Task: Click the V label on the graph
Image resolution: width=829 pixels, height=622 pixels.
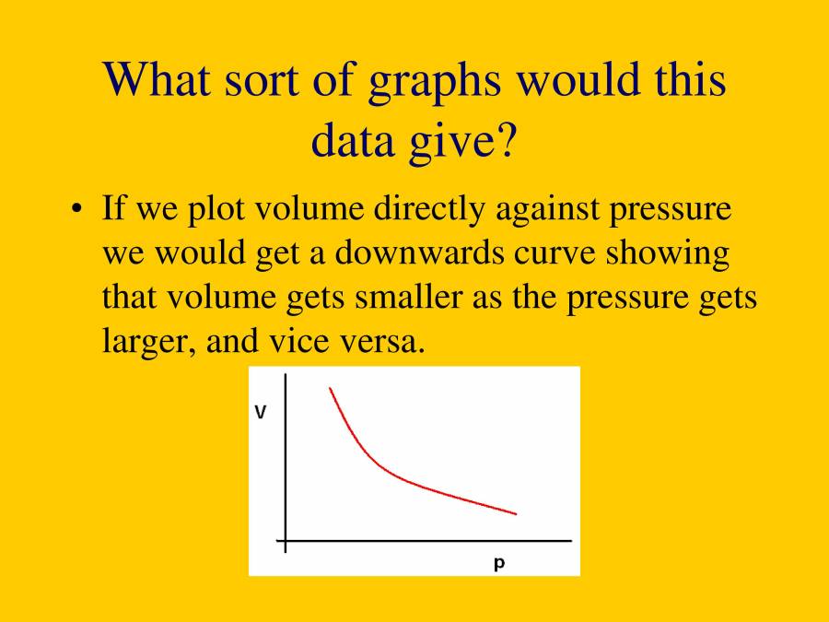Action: tap(261, 413)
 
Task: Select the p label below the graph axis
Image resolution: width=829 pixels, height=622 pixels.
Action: tap(499, 563)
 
